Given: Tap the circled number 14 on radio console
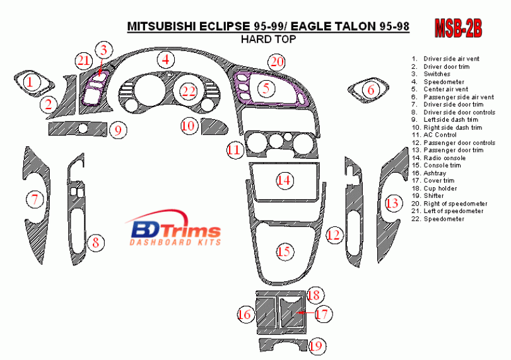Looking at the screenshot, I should point(285,180).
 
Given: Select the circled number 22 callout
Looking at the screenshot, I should point(189,91).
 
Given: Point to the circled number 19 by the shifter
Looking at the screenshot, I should point(317,345).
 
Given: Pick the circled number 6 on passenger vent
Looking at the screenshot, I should point(370,90).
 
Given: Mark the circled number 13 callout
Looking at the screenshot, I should point(392,203).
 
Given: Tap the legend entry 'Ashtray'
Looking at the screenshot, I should point(435,173).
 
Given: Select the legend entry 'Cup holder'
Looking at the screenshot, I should point(440,188).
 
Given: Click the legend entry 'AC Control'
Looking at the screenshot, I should point(440,135).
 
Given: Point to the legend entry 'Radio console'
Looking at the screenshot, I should point(444,158).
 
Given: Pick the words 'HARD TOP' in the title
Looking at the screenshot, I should point(269,39).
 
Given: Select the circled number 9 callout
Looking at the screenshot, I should point(117,131).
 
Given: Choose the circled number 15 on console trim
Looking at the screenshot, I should point(285,252).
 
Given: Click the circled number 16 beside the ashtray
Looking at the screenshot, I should point(245,313).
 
